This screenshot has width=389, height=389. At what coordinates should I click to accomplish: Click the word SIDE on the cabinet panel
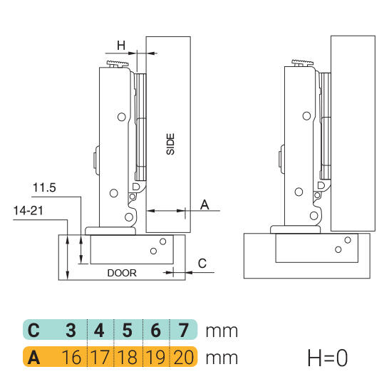tap(170, 144)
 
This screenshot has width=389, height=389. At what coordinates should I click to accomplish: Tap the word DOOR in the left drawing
tap(122, 273)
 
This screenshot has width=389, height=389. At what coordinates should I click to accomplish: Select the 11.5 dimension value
tap(44, 187)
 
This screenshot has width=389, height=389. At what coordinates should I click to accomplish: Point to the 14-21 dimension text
tap(28, 211)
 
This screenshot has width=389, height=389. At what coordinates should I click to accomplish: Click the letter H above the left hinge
tap(121, 46)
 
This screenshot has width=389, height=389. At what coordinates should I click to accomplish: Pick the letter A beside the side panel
tap(204, 204)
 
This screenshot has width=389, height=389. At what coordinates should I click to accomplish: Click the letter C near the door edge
tap(202, 263)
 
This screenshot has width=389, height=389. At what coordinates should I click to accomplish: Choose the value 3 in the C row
tap(71, 330)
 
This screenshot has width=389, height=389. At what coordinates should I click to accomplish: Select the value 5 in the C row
tap(128, 330)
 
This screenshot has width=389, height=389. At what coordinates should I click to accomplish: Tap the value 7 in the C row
tap(184, 330)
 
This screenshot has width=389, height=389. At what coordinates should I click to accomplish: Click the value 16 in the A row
tap(71, 357)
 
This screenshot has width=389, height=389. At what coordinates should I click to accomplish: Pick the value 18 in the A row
tap(128, 357)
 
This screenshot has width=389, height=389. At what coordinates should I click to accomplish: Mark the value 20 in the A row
tap(184, 357)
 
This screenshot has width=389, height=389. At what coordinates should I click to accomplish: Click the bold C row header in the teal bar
tap(33, 330)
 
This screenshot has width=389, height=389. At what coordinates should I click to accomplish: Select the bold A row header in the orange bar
tap(33, 358)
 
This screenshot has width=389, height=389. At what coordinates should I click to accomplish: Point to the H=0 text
tap(328, 358)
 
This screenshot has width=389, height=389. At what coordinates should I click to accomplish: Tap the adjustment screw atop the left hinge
tap(118, 63)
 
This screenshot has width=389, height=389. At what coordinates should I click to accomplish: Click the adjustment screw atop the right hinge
tap(302, 63)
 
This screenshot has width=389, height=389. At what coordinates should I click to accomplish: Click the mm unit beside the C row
tap(222, 331)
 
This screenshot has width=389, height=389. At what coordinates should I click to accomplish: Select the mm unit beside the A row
tap(222, 358)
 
